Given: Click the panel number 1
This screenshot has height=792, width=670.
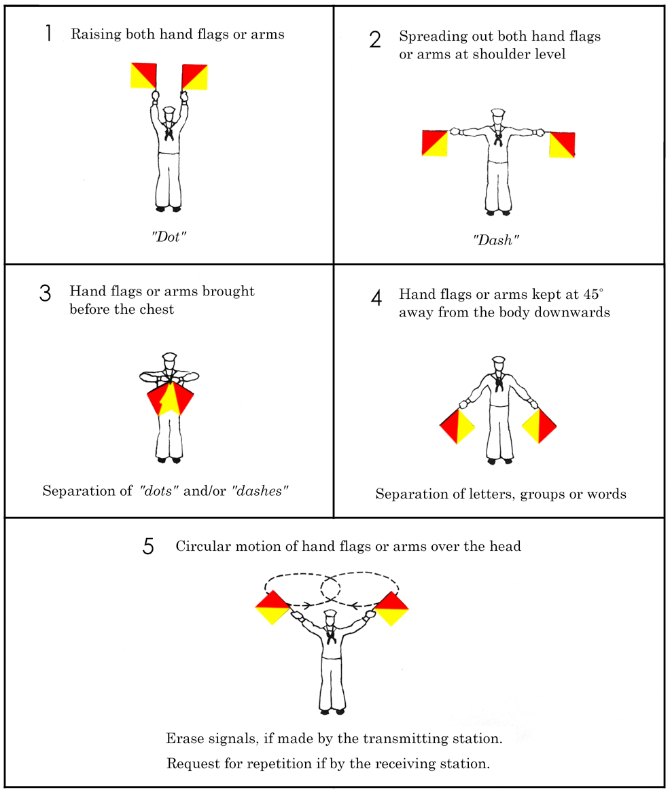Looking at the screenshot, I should [x=48, y=35].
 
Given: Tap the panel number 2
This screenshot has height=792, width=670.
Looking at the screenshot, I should [x=375, y=40].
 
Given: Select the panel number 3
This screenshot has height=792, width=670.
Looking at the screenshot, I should [x=46, y=293].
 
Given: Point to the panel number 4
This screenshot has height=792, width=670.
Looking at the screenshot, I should [x=376, y=298].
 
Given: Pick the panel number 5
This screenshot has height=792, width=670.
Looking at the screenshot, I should [x=149, y=547].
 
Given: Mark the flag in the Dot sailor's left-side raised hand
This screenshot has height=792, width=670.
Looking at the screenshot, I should [x=144, y=76].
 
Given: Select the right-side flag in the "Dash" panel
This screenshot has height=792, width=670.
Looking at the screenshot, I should [x=562, y=144].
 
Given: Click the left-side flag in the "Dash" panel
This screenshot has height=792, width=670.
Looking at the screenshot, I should [x=435, y=143].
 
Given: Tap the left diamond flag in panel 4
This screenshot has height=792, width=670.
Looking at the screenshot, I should [x=457, y=427].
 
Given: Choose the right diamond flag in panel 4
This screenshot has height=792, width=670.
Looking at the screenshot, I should [x=540, y=425].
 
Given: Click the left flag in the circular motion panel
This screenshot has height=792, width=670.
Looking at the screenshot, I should [x=273, y=607].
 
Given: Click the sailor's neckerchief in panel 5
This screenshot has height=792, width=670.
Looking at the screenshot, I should [x=330, y=636].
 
